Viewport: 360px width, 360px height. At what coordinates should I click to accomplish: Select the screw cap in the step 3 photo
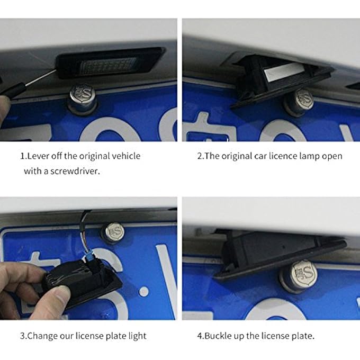click(x=114, y=232)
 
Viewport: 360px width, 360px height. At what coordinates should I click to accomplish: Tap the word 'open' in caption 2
click(x=332, y=156)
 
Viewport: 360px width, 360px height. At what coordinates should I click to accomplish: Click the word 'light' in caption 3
click(x=136, y=336)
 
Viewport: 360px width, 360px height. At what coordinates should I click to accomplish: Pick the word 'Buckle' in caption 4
click(x=217, y=336)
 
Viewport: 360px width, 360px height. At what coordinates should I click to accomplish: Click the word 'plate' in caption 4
click(x=302, y=336)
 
